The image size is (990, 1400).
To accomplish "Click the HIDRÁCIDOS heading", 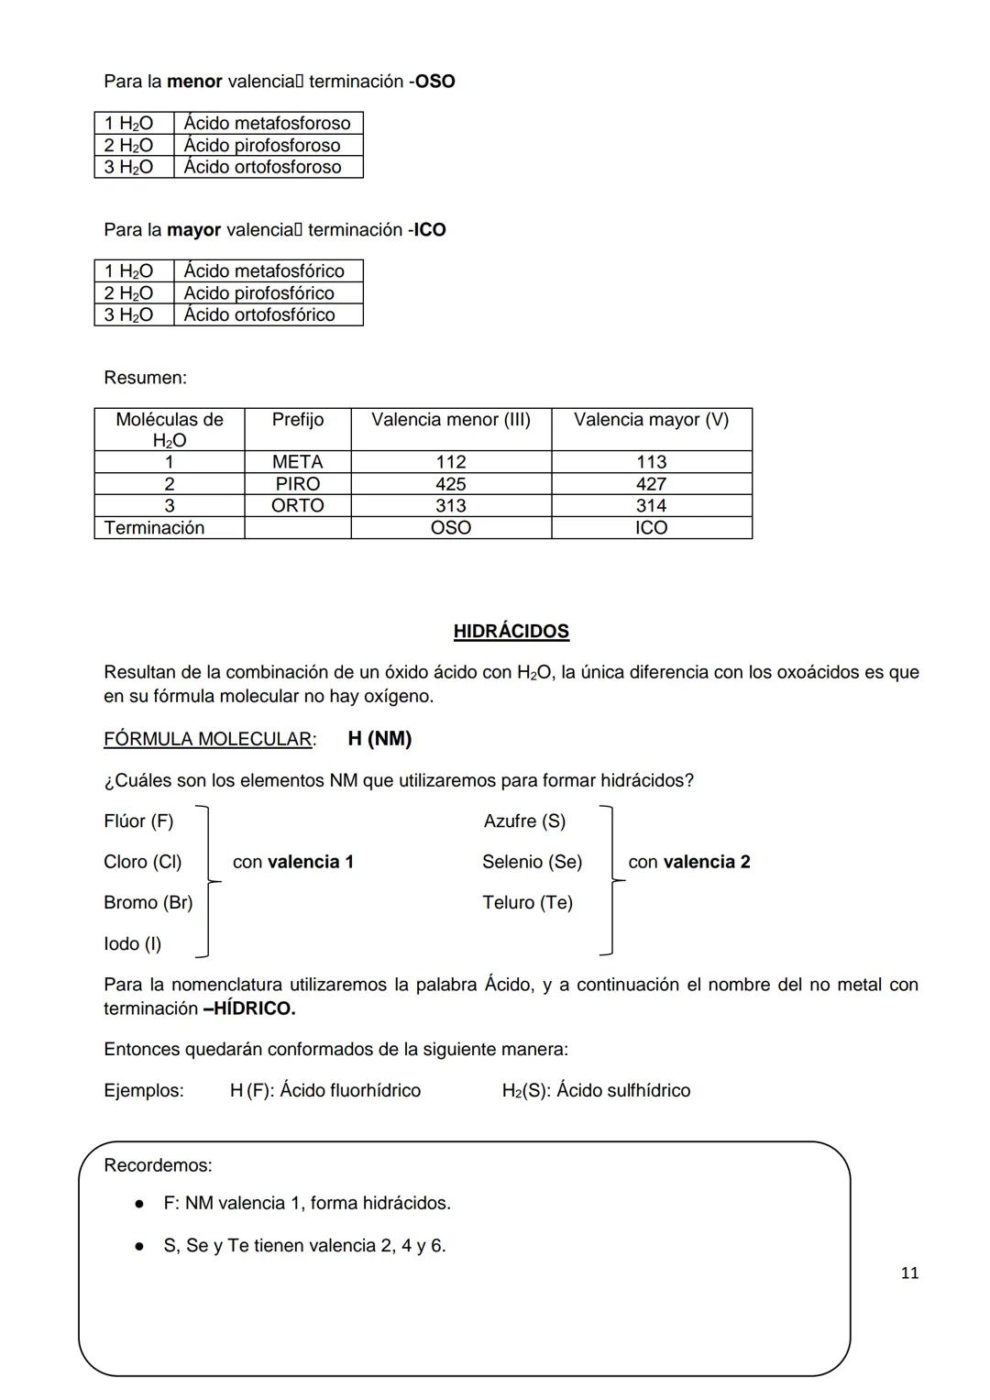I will coord(511,631).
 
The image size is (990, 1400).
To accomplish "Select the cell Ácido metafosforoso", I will coord(267,123).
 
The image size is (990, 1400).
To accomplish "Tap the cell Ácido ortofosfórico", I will coord(259,314).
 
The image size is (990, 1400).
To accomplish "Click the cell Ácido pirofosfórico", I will coord(258,292).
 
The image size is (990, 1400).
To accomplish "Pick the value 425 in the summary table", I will coord(450,484).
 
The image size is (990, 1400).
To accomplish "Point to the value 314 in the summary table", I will coord(651,505).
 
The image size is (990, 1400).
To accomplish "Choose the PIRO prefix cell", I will coord(297,484).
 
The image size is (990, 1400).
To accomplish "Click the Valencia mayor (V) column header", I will coord(651,420).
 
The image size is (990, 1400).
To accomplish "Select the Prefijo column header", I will coord(297,420).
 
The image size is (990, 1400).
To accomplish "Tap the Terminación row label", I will coord(154,527).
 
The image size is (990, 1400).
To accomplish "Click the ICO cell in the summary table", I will coord(651,527).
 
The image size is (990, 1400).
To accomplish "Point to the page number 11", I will coord(909,1273).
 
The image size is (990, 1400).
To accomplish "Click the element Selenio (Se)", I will coord(532,862).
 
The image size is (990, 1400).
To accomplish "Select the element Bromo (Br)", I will coord(148,902).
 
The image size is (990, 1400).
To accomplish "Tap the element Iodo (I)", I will coord(132,943).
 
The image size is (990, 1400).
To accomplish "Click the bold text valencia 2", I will coord(706,862).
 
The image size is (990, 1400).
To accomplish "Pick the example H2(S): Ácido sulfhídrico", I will coord(596,1090).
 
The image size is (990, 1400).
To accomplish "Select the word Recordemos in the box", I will coord(157,1165).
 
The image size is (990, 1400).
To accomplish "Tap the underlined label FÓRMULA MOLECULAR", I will coord(208,739).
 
